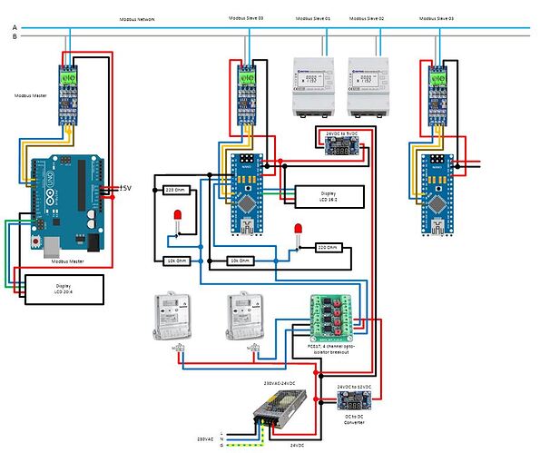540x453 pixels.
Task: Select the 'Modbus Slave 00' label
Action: (x=248, y=17)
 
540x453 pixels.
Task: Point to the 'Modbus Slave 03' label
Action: (x=439, y=17)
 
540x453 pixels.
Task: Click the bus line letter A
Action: (x=14, y=28)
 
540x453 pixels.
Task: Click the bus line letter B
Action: (x=14, y=38)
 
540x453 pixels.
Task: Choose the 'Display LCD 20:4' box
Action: (x=64, y=289)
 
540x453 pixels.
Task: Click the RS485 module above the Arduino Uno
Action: (x=70, y=94)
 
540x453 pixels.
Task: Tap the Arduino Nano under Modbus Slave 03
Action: (x=437, y=194)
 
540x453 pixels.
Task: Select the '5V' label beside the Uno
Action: (x=126, y=188)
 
